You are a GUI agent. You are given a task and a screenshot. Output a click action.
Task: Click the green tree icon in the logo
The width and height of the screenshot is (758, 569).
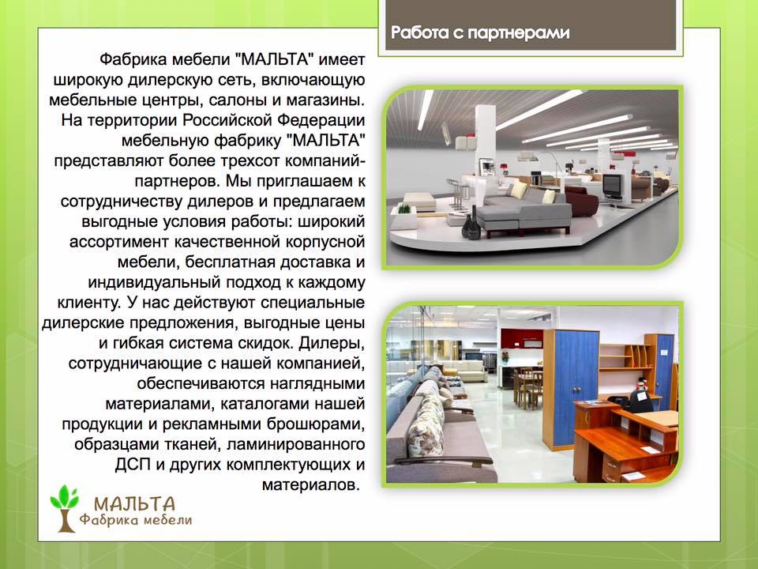point(64,508)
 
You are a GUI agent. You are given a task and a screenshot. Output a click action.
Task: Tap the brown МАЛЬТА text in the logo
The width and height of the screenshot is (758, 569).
point(134,504)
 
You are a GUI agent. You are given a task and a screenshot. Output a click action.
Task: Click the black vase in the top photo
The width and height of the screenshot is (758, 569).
point(471,224)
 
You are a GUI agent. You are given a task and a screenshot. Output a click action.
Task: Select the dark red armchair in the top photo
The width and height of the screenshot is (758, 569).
point(582,200)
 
